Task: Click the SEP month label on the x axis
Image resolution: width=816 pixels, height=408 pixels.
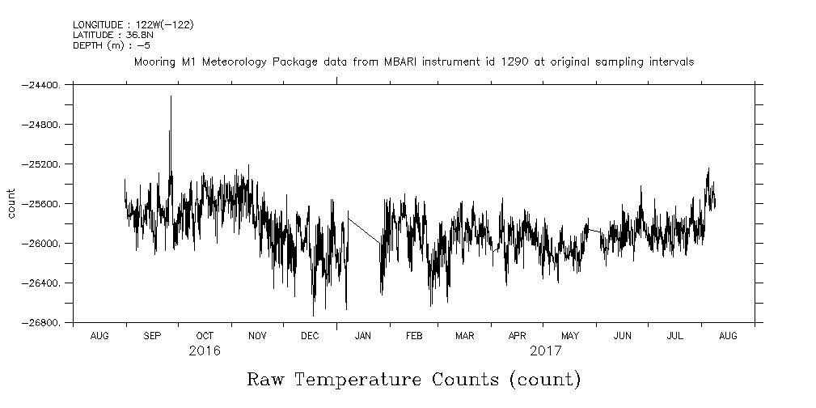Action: point(152,336)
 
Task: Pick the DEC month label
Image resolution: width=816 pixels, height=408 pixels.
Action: point(310,336)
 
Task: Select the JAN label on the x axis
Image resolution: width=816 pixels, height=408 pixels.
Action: point(363,336)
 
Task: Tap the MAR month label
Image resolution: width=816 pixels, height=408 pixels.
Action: point(464,336)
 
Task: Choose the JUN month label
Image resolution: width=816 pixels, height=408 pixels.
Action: point(622,336)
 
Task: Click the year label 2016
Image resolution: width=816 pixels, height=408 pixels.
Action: point(205,352)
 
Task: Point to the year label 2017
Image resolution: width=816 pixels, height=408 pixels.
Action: point(546,352)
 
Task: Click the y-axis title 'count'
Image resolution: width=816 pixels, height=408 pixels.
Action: point(11,203)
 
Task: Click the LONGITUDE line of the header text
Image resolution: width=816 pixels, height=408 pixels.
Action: point(133,25)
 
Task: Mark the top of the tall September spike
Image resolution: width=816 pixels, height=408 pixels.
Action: point(171,96)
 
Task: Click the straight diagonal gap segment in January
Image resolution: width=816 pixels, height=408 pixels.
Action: point(364,227)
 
